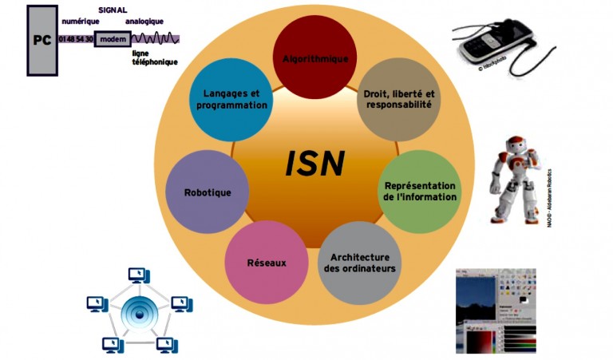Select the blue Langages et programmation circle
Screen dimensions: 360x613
point(230,98)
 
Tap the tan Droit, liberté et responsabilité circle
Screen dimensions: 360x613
point(397,98)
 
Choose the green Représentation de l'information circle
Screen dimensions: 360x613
point(419,190)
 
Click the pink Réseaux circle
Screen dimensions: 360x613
point(266,262)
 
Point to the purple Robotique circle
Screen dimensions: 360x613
point(208,192)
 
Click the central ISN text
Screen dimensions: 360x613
point(314,164)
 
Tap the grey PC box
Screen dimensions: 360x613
point(42,39)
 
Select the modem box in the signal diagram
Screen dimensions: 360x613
point(112,38)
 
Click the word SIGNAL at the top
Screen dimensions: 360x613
point(113,9)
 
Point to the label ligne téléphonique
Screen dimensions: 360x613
point(155,57)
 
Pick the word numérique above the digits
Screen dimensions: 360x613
point(81,21)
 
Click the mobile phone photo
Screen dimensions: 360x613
point(496,45)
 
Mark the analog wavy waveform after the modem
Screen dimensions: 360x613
point(155,38)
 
